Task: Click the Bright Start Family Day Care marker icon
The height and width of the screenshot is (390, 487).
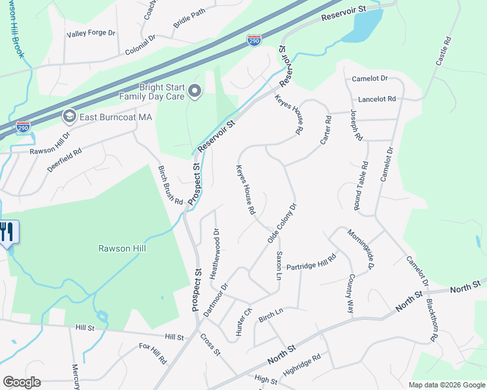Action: (x=195, y=92)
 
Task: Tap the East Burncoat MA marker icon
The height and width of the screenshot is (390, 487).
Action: (x=68, y=117)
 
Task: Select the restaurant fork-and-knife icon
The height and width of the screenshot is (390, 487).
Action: (x=7, y=233)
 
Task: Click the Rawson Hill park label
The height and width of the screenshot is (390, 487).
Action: (x=122, y=248)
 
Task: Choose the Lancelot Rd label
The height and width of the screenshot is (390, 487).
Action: (x=377, y=99)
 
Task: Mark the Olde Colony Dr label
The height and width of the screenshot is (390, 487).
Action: (x=282, y=223)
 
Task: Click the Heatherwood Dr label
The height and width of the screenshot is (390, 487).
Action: (x=214, y=253)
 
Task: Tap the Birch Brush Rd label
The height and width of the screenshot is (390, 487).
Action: (x=171, y=185)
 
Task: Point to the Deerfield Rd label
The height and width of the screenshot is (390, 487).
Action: (x=64, y=161)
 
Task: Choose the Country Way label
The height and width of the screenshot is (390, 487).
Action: (x=350, y=294)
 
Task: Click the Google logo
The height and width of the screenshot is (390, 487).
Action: (x=21, y=382)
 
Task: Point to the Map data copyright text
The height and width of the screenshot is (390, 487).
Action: (x=446, y=385)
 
